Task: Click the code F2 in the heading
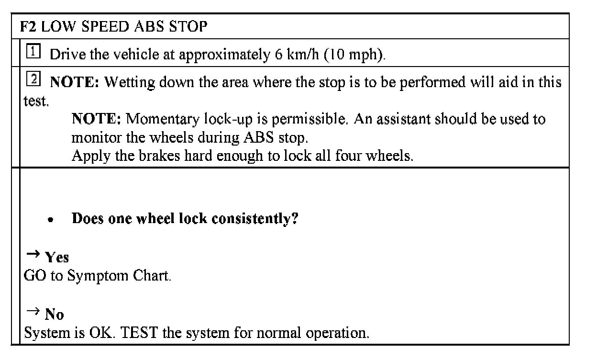tap(29, 26)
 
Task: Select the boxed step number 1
tap(33, 52)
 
